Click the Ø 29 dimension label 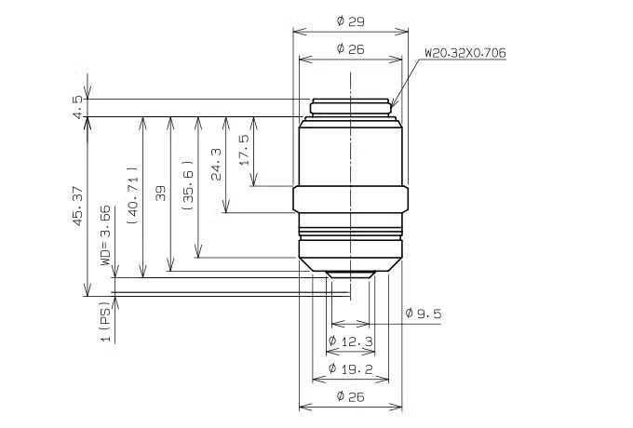coord(350,21)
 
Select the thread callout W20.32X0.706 coord(465,53)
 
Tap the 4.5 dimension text coord(78,107)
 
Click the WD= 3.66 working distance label coord(105,235)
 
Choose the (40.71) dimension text coord(133,195)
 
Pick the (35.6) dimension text coord(188,185)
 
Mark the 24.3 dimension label coord(216,164)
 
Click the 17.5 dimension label coord(244,150)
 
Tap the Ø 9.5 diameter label coord(424,314)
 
